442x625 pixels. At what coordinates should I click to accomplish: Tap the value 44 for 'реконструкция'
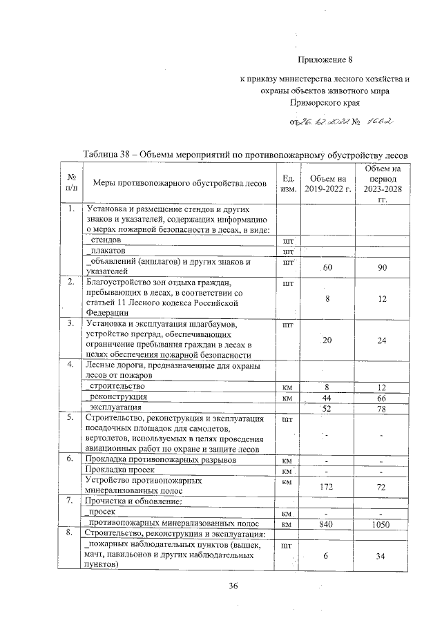(x=327, y=398)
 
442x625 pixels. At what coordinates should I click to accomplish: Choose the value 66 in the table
(x=381, y=398)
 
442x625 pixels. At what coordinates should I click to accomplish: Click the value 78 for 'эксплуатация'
(x=381, y=410)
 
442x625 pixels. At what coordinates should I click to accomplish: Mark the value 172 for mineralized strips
(x=327, y=487)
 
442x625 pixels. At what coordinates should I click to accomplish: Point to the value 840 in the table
(x=327, y=524)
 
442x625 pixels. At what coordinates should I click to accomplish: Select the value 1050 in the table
(x=381, y=524)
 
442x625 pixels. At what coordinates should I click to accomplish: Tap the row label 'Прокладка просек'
(x=115, y=470)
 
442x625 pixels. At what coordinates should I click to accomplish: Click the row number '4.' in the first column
(x=70, y=365)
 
